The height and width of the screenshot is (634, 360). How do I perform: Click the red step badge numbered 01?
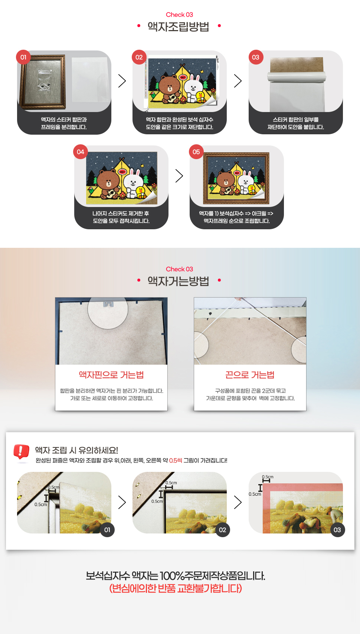(23, 58)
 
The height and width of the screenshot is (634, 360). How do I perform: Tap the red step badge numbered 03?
(256, 58)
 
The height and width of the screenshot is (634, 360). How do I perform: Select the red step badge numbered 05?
(196, 152)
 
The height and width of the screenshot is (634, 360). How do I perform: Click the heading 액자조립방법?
(178, 27)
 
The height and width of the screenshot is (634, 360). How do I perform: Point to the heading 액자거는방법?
(178, 281)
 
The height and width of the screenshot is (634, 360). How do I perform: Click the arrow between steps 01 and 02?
(122, 81)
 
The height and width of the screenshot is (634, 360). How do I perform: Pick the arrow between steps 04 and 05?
(179, 176)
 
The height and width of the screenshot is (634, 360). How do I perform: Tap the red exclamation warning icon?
(21, 451)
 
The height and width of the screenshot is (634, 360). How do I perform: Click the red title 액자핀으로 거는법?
(111, 375)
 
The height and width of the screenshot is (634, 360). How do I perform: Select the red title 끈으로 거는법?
(250, 375)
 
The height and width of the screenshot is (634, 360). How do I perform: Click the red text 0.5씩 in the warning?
(175, 460)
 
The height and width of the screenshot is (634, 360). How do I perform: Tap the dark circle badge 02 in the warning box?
(223, 530)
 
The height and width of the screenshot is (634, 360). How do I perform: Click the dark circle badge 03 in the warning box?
(337, 530)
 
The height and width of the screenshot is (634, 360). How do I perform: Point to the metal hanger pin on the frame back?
(108, 304)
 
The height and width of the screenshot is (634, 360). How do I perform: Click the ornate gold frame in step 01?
(42, 82)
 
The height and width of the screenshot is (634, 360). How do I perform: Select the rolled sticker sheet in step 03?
(296, 76)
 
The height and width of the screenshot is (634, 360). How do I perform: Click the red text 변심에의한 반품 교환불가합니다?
(176, 588)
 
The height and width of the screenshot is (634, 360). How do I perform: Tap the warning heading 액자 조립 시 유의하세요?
(76, 450)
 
